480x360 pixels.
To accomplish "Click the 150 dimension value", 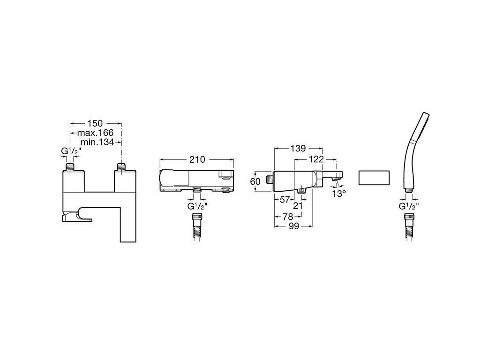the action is tap(95, 123).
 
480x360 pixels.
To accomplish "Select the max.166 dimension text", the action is tap(95, 133).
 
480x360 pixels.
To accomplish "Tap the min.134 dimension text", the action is tap(97, 142).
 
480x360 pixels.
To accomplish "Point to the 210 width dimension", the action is tap(197, 159).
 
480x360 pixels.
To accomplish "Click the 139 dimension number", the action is tap(298, 149).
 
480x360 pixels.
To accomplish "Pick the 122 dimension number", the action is tap(316, 159).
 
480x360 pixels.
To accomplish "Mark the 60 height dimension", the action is tap(255, 181).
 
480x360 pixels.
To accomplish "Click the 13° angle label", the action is tap(339, 194).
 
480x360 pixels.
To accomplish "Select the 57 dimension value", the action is tap(285, 200).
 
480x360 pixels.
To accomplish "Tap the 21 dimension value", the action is tap(298, 206).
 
